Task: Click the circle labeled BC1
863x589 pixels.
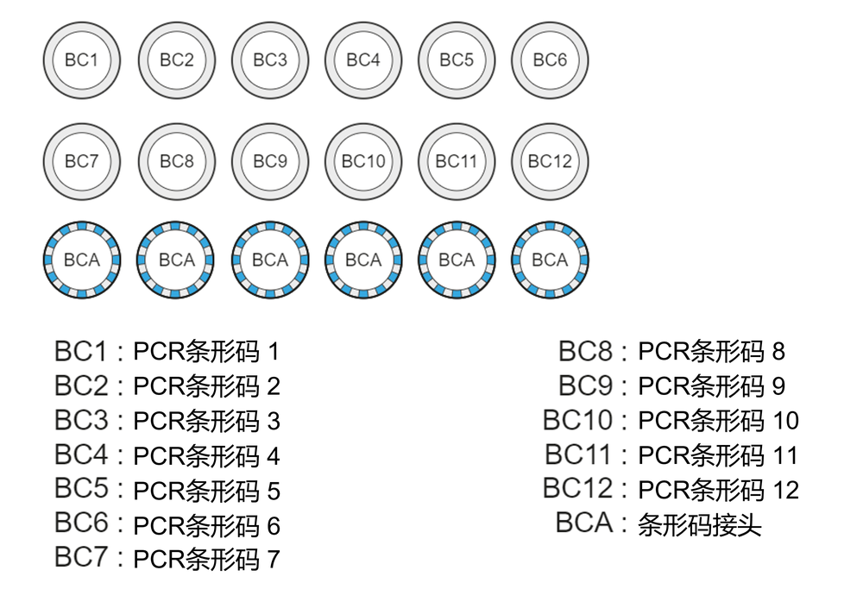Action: click(x=82, y=60)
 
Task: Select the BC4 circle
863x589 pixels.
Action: click(x=363, y=60)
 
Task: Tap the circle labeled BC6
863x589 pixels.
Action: click(x=550, y=60)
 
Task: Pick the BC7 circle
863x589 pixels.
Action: click(x=82, y=161)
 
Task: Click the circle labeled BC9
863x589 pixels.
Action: click(x=270, y=161)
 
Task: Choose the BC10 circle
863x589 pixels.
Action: click(x=363, y=161)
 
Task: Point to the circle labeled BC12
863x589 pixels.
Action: click(x=550, y=161)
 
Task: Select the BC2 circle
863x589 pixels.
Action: click(x=176, y=60)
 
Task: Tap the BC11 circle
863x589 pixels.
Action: click(x=457, y=161)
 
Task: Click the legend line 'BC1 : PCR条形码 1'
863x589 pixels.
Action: click(x=167, y=352)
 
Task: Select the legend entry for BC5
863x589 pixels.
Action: click(x=167, y=490)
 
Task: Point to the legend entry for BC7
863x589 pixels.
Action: click(x=167, y=558)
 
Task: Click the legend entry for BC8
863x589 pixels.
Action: click(x=671, y=352)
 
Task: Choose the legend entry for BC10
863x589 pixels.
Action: click(x=671, y=421)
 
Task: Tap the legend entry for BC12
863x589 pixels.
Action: click(x=671, y=490)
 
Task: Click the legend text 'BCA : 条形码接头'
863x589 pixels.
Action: click(x=658, y=524)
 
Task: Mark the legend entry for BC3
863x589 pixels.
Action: click(x=167, y=421)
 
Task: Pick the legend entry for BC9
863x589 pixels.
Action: click(x=671, y=386)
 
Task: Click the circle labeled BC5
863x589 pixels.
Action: click(x=457, y=60)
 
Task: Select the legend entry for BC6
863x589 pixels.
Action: click(x=167, y=524)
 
